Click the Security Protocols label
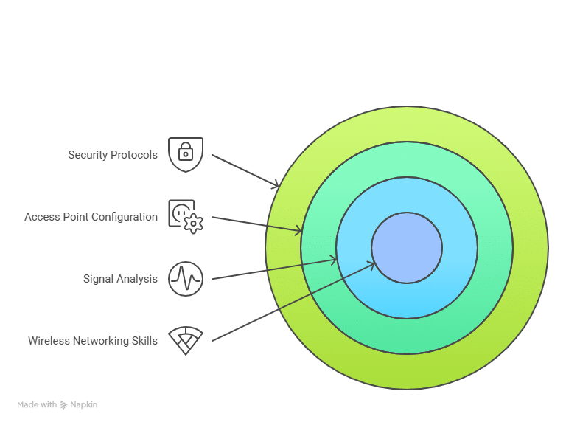(x=113, y=155)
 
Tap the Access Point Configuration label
(x=91, y=217)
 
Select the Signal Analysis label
(x=120, y=279)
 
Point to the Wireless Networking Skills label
(x=93, y=341)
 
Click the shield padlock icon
(x=185, y=154)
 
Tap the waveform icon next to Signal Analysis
(x=185, y=279)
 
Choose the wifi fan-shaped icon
(x=185, y=340)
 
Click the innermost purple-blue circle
(x=407, y=248)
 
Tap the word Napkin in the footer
(x=84, y=404)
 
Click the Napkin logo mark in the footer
(x=64, y=404)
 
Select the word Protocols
(x=134, y=155)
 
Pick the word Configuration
(x=125, y=217)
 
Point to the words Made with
(x=37, y=404)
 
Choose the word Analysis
(x=138, y=279)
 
